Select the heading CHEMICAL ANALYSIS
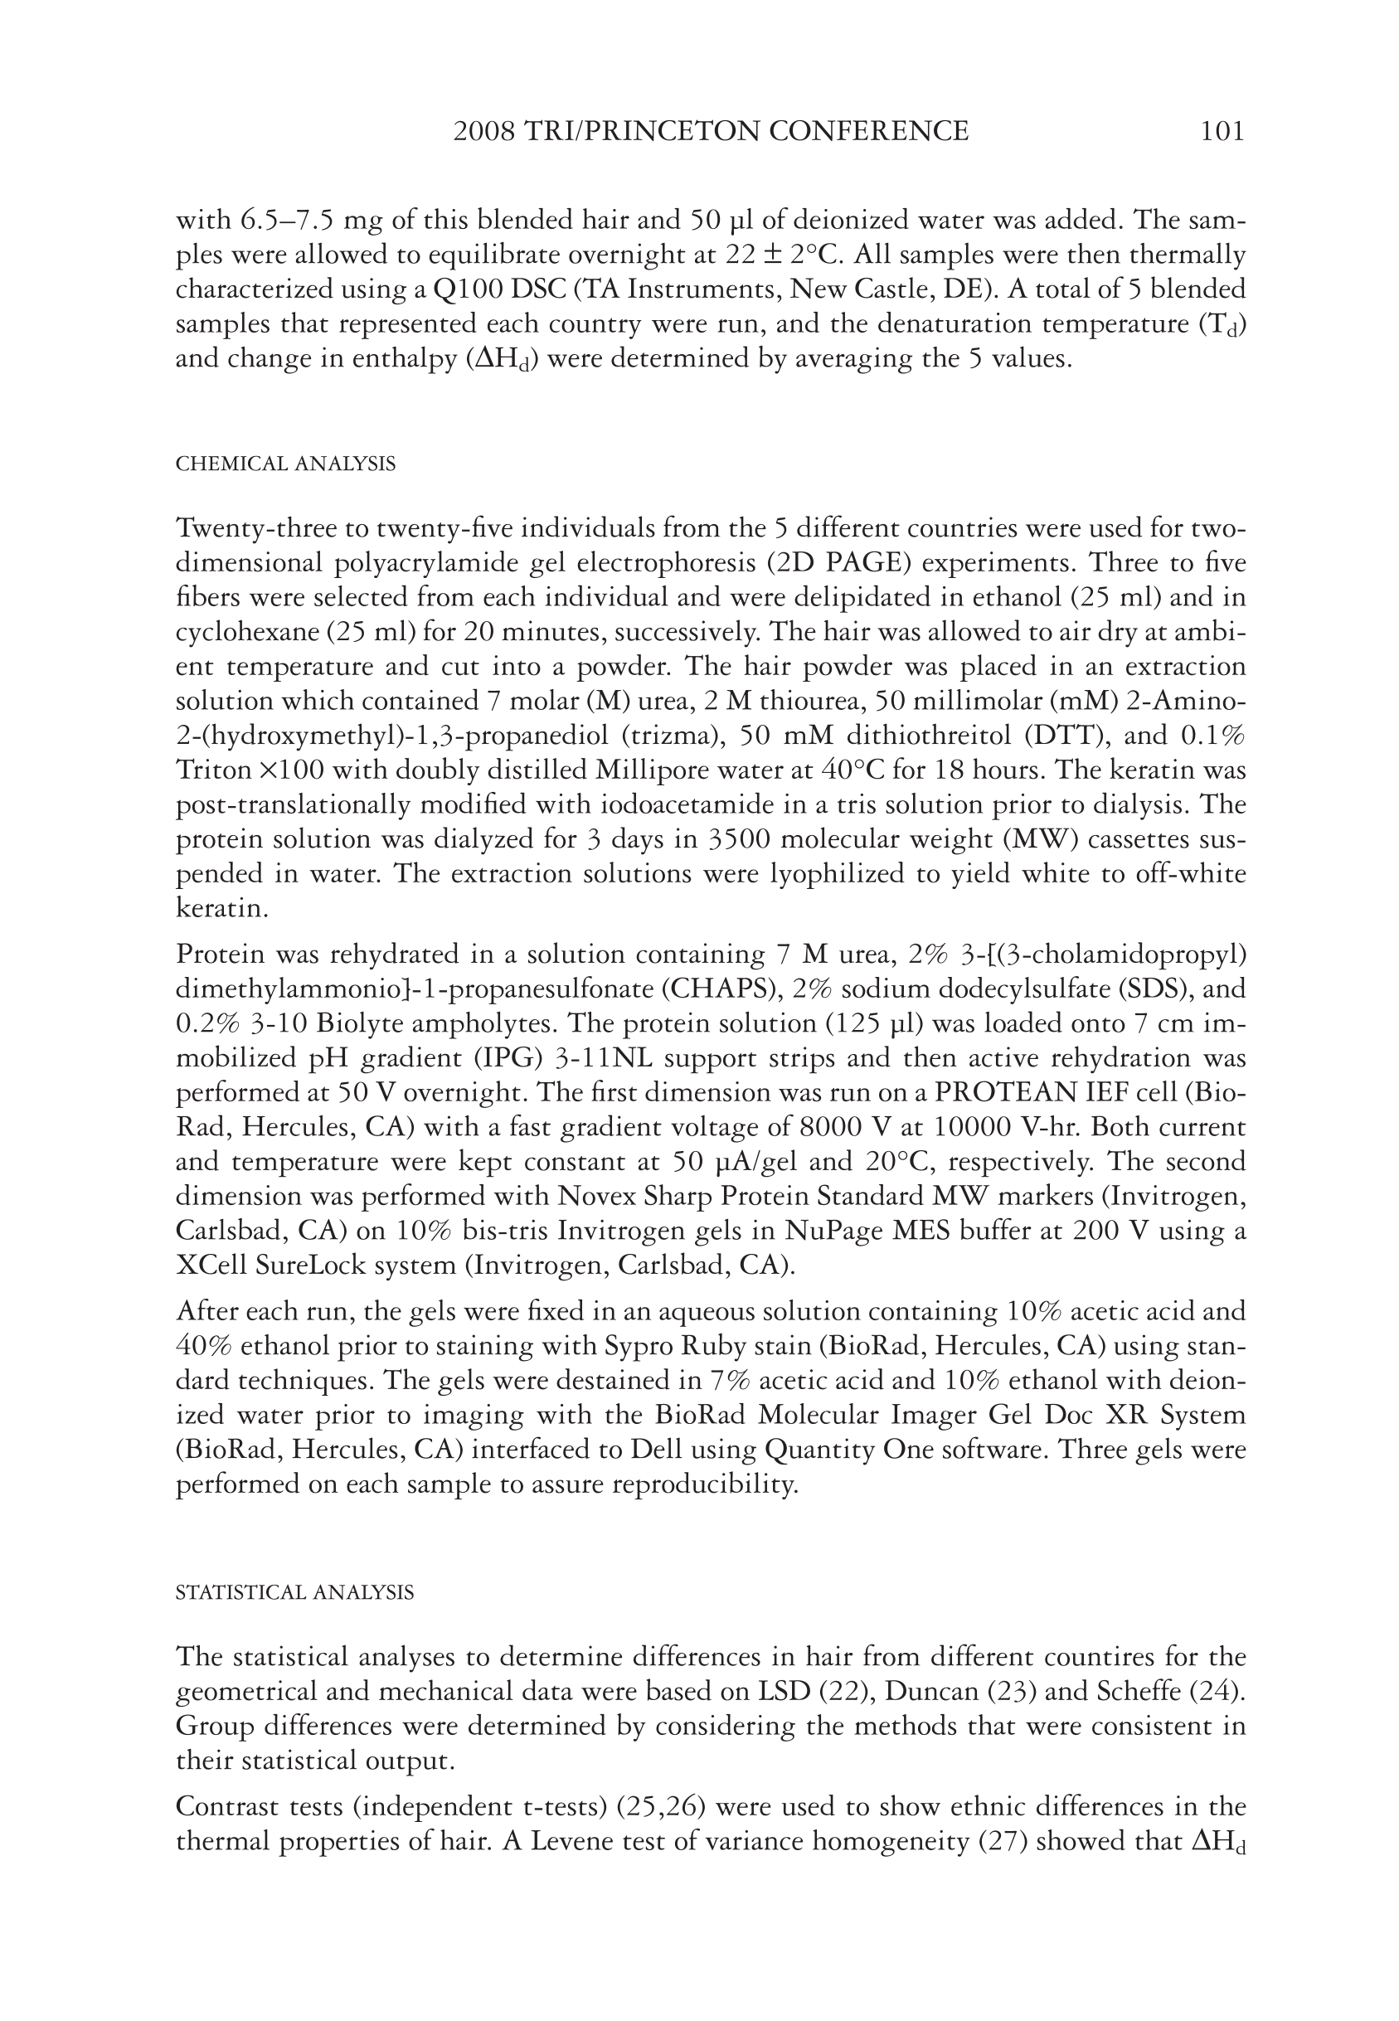286,464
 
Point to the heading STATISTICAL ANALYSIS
294,1592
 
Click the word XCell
209,1266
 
